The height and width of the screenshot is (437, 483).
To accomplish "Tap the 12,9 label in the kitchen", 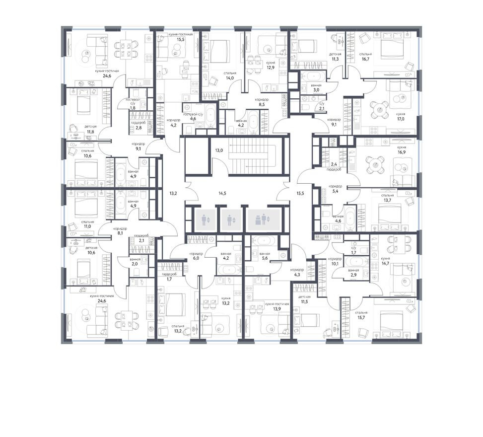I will coord(271,69).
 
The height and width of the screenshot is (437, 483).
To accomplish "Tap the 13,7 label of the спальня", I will coord(388,201).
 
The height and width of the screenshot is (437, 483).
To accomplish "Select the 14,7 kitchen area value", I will coord(385,264).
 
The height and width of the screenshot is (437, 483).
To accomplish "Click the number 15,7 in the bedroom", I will coord(361,318).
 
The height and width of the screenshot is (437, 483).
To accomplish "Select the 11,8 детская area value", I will coord(90,132).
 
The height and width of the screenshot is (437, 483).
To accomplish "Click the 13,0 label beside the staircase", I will coord(219,149).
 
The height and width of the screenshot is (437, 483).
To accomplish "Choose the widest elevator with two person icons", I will coord(261,218).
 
